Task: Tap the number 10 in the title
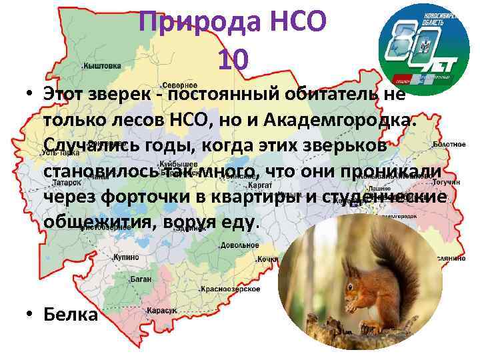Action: pyautogui.click(x=233, y=61)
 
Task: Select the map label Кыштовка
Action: pyautogui.click(x=102, y=66)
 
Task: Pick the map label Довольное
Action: pyautogui.click(x=240, y=245)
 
